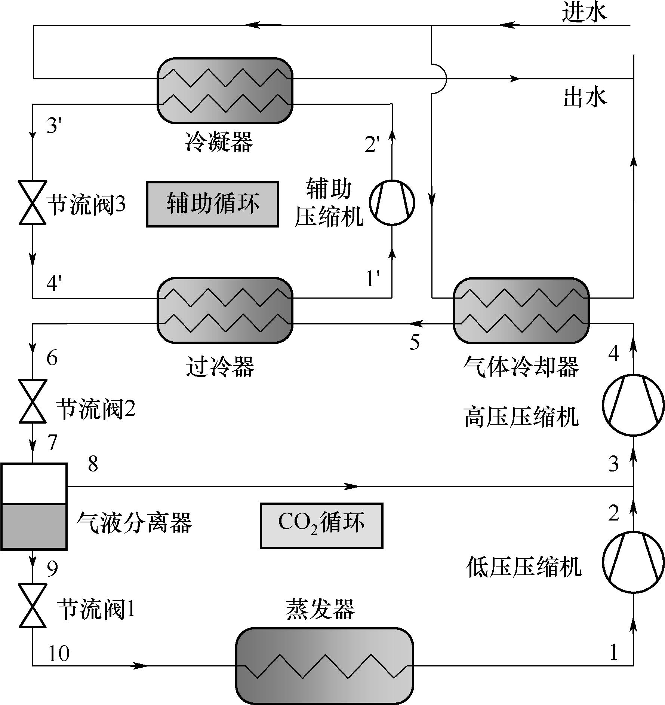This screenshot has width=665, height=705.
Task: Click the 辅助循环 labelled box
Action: coord(212,204)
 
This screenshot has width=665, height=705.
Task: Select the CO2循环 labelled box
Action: coord(321,525)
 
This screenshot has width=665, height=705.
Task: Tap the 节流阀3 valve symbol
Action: coord(33,203)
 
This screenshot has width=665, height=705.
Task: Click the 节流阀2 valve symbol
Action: coord(33,401)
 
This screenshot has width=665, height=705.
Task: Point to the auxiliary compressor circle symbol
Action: coord(392,203)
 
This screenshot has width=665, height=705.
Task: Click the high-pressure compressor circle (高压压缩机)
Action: coord(633,405)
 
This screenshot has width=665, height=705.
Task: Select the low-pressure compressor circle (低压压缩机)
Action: coord(633,562)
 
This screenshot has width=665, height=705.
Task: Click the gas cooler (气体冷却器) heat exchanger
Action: coord(521,311)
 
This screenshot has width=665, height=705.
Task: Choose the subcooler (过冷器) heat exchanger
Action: coord(225,311)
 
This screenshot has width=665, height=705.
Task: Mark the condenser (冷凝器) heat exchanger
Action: coord(225,91)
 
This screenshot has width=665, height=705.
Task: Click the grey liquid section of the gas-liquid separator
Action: coord(34,527)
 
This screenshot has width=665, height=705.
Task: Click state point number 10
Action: coord(59,653)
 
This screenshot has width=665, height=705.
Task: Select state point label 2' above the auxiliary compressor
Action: coord(372,144)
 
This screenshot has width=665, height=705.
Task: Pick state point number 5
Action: coord(415,342)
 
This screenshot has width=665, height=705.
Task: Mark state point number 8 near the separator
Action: coord(93,464)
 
